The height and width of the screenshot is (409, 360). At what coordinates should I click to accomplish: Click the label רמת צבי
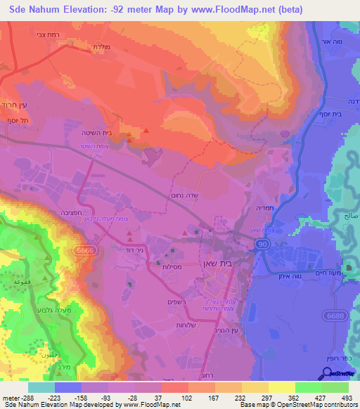pyautogui.click(x=55, y=33)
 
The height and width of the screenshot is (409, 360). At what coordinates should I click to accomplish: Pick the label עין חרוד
pyautogui.click(x=14, y=104)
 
